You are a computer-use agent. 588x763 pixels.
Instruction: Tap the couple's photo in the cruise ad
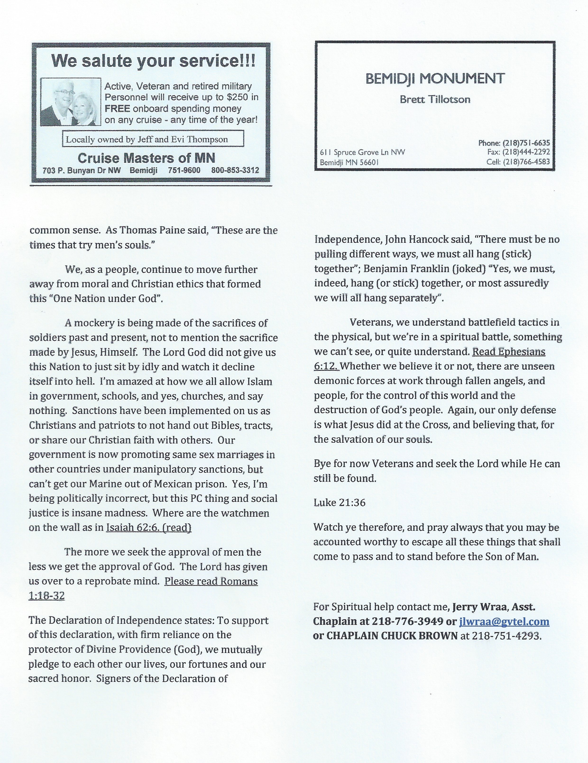point(71,102)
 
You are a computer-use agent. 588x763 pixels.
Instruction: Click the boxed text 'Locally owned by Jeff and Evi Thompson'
point(147,140)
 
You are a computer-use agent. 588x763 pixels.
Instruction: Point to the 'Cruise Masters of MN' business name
point(146,158)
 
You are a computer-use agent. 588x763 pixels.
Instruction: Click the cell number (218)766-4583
point(527,162)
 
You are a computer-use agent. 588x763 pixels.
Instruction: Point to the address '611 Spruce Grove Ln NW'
point(363,152)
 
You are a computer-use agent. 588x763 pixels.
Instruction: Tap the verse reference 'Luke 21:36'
point(339,503)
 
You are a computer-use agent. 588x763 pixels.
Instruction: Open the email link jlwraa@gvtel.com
point(504,622)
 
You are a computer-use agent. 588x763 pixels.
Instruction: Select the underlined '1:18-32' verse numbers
point(46,596)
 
